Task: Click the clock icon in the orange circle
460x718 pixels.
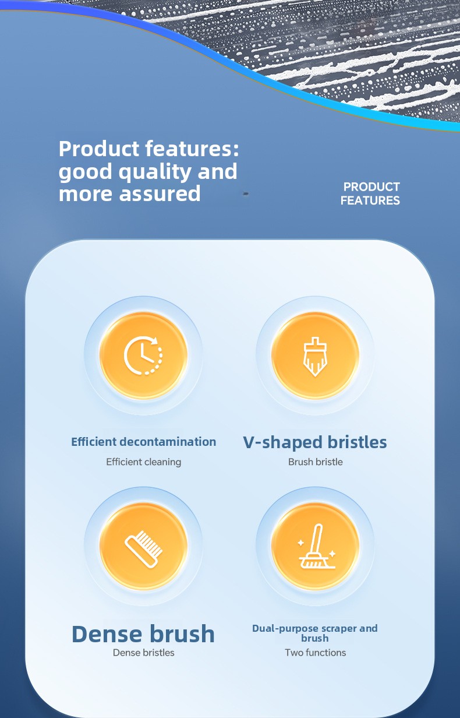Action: point(143,355)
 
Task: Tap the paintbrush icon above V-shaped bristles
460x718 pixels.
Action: point(315,357)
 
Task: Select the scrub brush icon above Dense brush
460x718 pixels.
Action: point(143,549)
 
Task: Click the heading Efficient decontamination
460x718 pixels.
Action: point(143,441)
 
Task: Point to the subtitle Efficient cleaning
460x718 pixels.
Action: point(143,462)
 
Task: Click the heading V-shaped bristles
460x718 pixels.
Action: point(315,442)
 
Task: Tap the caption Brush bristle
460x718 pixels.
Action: point(316,462)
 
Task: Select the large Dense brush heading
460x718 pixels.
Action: point(143,634)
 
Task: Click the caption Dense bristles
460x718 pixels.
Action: point(143,653)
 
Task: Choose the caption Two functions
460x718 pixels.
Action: point(316,653)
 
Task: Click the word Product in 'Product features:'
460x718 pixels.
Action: point(98,149)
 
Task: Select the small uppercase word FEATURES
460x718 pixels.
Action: point(370,200)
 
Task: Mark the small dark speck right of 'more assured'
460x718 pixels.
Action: point(246,193)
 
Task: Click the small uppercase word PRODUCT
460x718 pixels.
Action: point(371,187)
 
